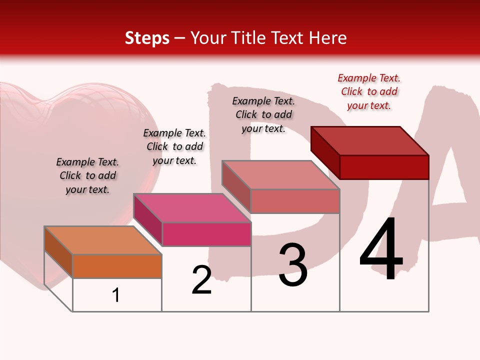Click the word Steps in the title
tap(147, 38)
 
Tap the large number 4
tap(381, 248)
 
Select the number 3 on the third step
tap(292, 265)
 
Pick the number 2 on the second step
tap(201, 280)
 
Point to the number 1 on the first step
tap(116, 295)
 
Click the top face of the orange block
tap(102, 240)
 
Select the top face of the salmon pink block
tap(280, 175)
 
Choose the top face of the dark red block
tap(369, 141)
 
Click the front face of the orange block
tap(117, 266)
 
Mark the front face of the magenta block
tap(206, 234)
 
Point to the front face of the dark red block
tap(384, 167)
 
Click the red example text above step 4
tap(369, 91)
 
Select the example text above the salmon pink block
tap(263, 114)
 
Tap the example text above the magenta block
tap(174, 146)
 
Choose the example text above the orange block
tap(87, 175)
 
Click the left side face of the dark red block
tap(325, 152)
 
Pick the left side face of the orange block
tap(58, 252)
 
